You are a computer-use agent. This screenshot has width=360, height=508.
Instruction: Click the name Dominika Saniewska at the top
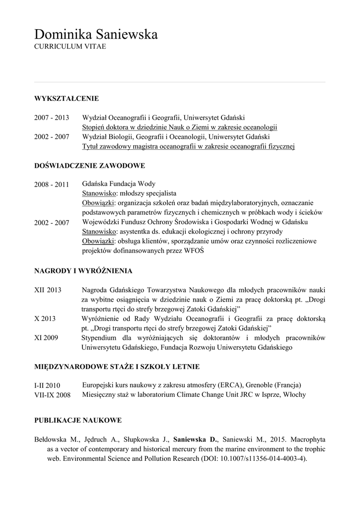(96, 35)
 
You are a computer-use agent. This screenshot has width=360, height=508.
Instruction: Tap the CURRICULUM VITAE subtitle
(70, 46)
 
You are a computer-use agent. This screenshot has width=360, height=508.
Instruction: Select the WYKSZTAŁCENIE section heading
(67, 98)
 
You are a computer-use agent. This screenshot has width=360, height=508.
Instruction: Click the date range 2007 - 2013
(51, 118)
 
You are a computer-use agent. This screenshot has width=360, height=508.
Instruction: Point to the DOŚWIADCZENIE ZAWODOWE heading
(89, 165)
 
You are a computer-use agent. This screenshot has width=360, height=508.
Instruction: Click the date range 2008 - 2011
(51, 185)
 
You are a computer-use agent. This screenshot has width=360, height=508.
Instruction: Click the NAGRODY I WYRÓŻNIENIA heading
(83, 271)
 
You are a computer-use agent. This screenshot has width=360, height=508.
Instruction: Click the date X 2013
(45, 318)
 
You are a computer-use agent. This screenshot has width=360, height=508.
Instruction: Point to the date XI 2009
(46, 338)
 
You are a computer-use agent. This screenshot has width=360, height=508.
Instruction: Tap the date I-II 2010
(47, 385)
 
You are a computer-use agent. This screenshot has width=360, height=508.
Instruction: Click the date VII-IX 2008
(52, 395)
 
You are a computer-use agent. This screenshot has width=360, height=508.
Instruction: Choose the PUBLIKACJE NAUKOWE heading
(78, 421)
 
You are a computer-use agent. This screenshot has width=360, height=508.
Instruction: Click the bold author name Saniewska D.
(196, 440)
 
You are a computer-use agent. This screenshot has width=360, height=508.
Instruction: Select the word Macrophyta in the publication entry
(308, 440)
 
